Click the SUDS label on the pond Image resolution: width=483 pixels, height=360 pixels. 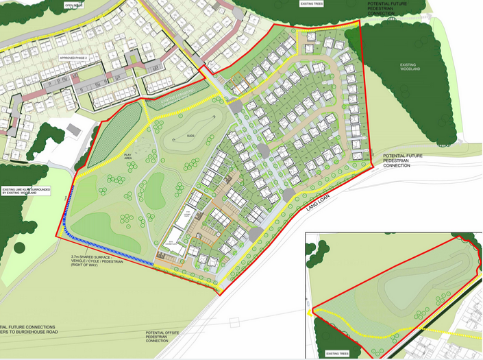click(190, 136)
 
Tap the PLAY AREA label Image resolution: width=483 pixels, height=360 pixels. click(128, 157)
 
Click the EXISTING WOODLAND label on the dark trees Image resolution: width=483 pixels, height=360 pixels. click(410, 67)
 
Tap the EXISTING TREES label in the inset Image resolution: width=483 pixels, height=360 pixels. click(337, 354)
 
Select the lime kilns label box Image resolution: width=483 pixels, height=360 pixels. click(26, 191)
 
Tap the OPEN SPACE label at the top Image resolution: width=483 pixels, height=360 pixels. click(74, 5)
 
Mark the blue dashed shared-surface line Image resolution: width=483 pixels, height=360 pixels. click(103, 248)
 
